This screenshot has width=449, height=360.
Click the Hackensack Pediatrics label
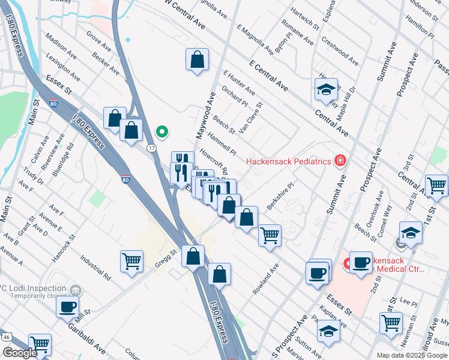click(x=288, y=161)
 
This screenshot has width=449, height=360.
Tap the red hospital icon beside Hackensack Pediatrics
click(x=340, y=161)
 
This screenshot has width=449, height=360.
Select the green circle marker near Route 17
click(x=161, y=131)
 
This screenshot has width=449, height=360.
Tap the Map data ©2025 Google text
click(x=411, y=355)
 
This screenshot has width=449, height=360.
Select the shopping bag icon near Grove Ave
click(x=197, y=60)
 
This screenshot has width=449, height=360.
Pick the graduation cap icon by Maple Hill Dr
click(x=326, y=90)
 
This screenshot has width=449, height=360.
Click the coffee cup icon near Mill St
click(x=67, y=307)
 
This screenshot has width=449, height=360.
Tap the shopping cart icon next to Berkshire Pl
click(x=270, y=235)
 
